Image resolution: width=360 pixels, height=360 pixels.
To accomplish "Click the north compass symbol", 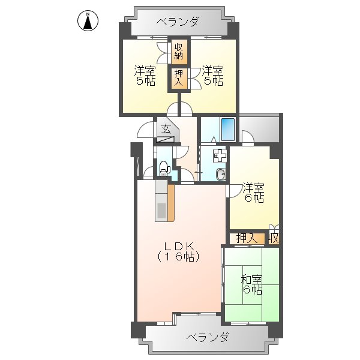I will (88, 21).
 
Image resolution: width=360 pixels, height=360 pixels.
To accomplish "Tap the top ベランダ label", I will (178, 22).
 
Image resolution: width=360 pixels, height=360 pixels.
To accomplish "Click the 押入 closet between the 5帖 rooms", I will (179, 78).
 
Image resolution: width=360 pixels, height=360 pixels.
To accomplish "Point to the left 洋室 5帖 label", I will (143, 75).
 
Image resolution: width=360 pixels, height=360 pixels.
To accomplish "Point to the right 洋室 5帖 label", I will (212, 75).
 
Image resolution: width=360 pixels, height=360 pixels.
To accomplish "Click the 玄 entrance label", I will (166, 128).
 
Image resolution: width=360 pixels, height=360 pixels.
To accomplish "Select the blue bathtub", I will (227, 129).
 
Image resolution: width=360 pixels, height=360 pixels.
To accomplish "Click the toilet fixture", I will (163, 169).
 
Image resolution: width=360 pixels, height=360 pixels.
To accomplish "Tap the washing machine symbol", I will (220, 155).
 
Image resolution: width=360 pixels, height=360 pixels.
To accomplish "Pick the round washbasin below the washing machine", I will (220, 175).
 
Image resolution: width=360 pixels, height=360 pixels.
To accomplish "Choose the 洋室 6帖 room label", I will (253, 194).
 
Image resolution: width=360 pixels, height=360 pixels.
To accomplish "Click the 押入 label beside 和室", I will (246, 238).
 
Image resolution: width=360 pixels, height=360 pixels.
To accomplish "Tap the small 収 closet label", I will (274, 238).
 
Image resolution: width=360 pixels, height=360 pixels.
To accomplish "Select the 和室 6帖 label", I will (251, 284).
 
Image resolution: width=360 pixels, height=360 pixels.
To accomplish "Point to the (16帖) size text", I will (178, 257).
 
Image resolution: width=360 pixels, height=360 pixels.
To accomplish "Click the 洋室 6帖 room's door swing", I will (234, 191).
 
